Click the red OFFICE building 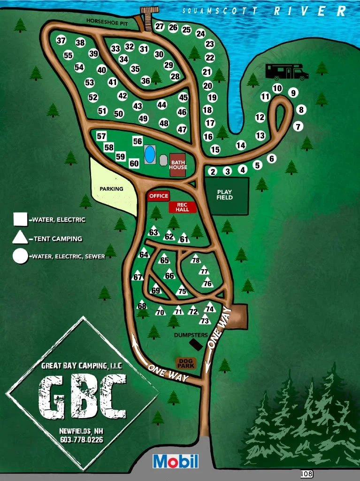click(x=158, y=196)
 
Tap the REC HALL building click(x=182, y=207)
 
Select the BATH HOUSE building click(x=178, y=165)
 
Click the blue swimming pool click(x=150, y=154)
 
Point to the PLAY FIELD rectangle click(x=226, y=195)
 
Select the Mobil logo click(x=176, y=461)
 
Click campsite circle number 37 click(x=61, y=40)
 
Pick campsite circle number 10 click(x=277, y=88)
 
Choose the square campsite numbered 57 click(x=101, y=136)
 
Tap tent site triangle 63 click(x=153, y=232)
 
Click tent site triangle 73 click(x=204, y=320)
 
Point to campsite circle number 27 click(x=160, y=26)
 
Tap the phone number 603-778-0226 click(x=82, y=440)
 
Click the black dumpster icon click(x=196, y=344)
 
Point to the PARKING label click(x=111, y=189)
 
